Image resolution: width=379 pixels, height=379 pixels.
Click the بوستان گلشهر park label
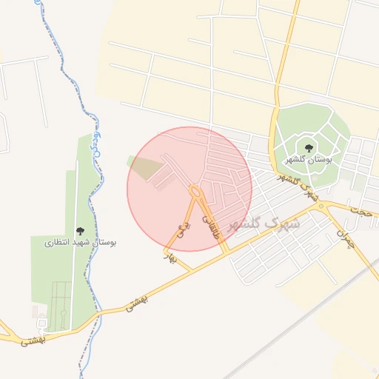309,159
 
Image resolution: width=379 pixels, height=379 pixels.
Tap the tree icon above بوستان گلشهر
309,148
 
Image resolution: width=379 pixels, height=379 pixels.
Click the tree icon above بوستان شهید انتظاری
80,231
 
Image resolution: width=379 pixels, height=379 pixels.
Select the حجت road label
362,211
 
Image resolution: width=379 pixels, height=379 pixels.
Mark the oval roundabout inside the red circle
195,192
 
